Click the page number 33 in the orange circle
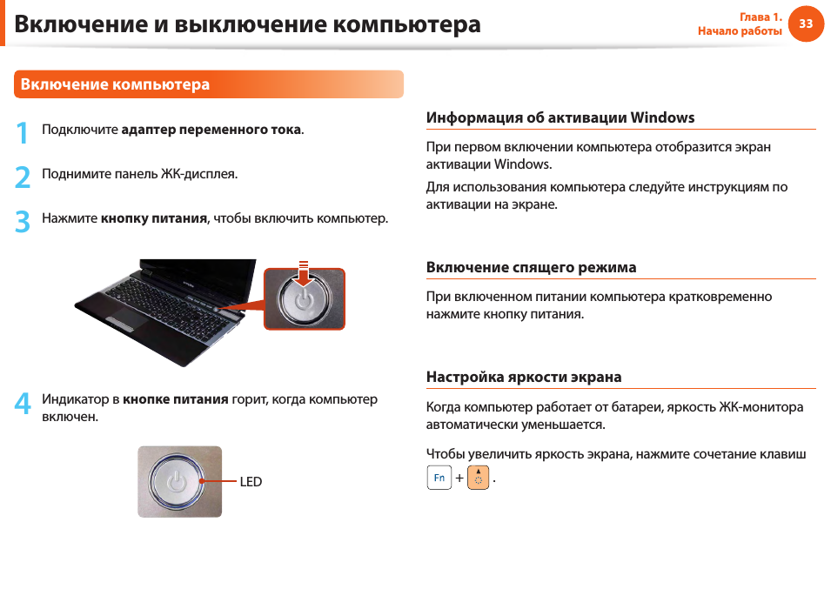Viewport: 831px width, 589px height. tap(806, 23)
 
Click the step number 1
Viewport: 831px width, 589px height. tap(23, 132)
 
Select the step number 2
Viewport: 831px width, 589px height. tap(23, 177)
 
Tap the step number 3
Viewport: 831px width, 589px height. tap(23, 221)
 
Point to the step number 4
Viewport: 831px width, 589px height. tap(23, 403)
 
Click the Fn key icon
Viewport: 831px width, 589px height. tap(439, 478)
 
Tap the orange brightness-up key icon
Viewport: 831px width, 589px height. tap(478, 478)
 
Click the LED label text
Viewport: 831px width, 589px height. tap(251, 481)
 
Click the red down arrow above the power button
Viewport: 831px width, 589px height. tap(303, 273)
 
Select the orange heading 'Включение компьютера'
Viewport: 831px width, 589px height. tap(115, 84)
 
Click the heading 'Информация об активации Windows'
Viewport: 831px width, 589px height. tap(560, 117)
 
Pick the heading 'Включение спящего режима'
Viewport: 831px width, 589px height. tap(531, 267)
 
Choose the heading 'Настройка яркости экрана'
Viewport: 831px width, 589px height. tap(524, 377)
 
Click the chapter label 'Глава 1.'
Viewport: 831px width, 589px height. tap(761, 17)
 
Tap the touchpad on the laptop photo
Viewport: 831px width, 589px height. tap(125, 317)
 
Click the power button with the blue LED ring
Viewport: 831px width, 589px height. tap(177, 481)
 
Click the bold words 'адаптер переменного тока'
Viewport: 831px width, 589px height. tap(211, 130)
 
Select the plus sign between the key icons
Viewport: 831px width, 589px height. tap(459, 478)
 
